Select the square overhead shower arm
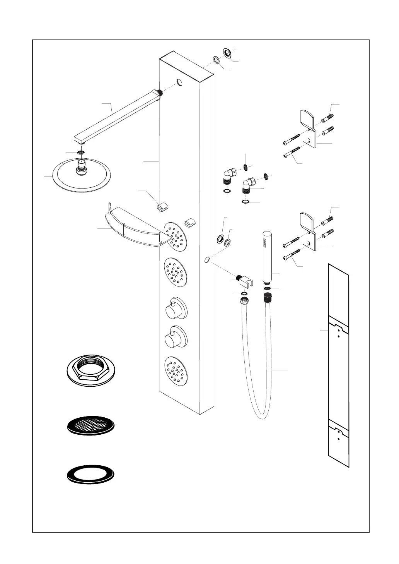coord(116,116)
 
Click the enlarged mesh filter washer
coord(91,426)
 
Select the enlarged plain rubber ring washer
coord(91,474)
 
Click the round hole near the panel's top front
coord(180,82)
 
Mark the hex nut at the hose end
coord(244,300)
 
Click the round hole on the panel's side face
coord(207,259)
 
